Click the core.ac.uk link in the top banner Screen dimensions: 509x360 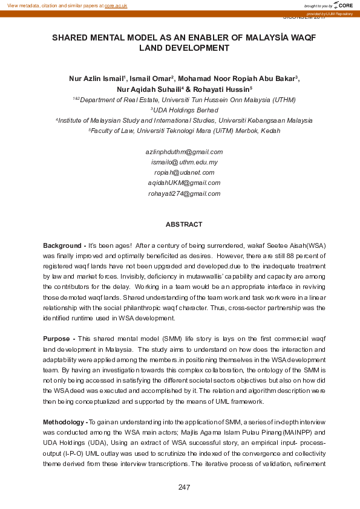coord(117,5)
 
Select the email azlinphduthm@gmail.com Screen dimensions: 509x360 coord(184,152)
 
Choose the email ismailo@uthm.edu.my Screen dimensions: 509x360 coord(184,163)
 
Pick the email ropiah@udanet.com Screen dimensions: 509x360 coord(184,173)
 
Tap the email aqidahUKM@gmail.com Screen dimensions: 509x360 coord(184,183)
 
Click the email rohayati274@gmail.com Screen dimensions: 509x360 coord(184,194)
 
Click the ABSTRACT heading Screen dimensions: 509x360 coord(184,225)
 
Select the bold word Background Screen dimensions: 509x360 coord(62,246)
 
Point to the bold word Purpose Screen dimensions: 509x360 coord(57,339)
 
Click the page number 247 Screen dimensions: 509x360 coord(185,487)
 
